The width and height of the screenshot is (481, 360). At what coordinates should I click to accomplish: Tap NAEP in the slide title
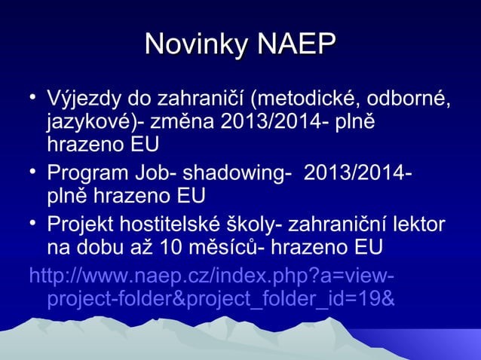click(x=295, y=44)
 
